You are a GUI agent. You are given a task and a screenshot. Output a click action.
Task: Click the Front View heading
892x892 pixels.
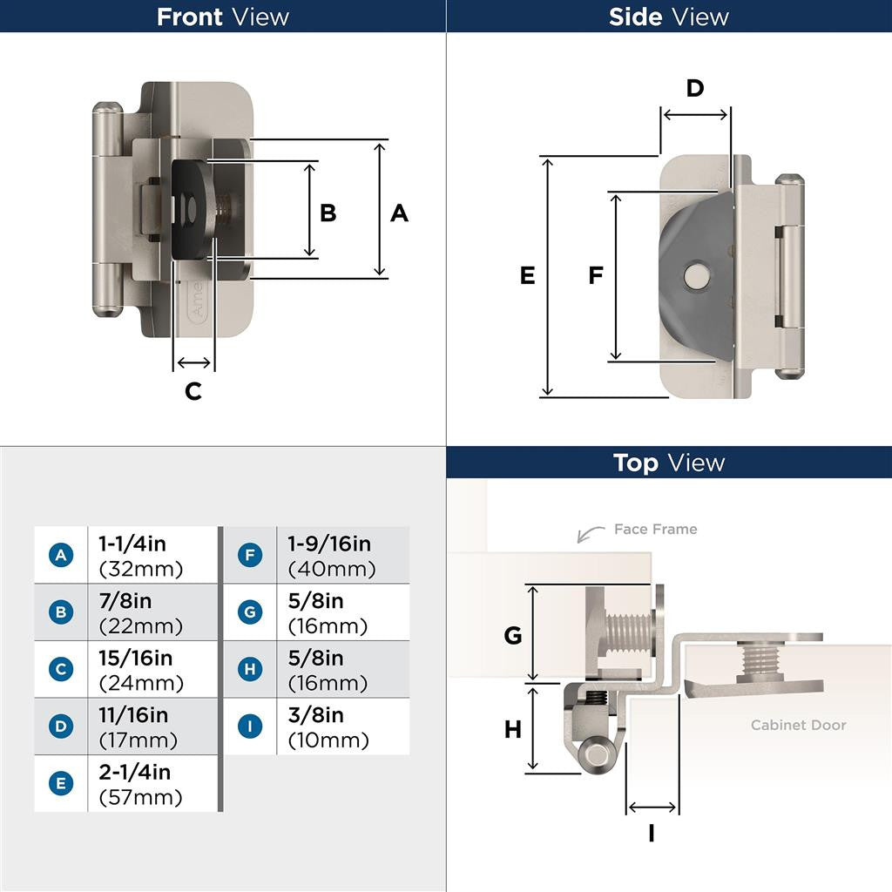223,17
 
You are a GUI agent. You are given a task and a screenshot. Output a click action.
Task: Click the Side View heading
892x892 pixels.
669,17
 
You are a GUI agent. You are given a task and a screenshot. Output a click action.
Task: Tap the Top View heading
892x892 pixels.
669,463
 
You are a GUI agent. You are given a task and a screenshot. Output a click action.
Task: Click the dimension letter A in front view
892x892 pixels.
399,213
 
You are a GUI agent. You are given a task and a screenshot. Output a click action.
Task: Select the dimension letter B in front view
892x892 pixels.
328,213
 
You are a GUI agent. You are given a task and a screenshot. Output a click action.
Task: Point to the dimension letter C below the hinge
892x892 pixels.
193,391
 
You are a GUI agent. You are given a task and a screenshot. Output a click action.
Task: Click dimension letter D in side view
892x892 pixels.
694,88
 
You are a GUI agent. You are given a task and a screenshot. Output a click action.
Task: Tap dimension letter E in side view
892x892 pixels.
527,275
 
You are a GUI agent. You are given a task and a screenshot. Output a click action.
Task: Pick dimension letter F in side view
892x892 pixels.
596,275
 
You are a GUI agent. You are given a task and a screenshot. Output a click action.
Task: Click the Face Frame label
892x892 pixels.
655,529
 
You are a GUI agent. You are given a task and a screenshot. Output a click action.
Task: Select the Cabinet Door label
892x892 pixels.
798,725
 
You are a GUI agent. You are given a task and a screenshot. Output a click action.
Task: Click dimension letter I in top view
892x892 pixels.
652,834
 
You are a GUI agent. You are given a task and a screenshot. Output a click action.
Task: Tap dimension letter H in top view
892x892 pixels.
513,729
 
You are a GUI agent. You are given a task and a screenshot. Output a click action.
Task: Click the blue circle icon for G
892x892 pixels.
250,612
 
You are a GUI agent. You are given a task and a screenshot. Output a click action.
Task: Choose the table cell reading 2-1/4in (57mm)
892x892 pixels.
152,784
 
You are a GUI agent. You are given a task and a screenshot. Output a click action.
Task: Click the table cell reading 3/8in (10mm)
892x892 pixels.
341,726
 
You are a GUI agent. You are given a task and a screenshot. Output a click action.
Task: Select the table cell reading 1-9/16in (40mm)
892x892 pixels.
341,556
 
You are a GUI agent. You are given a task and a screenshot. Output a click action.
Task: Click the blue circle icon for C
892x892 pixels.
60,669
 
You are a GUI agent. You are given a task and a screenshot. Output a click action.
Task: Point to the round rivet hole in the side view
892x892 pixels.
695,277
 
